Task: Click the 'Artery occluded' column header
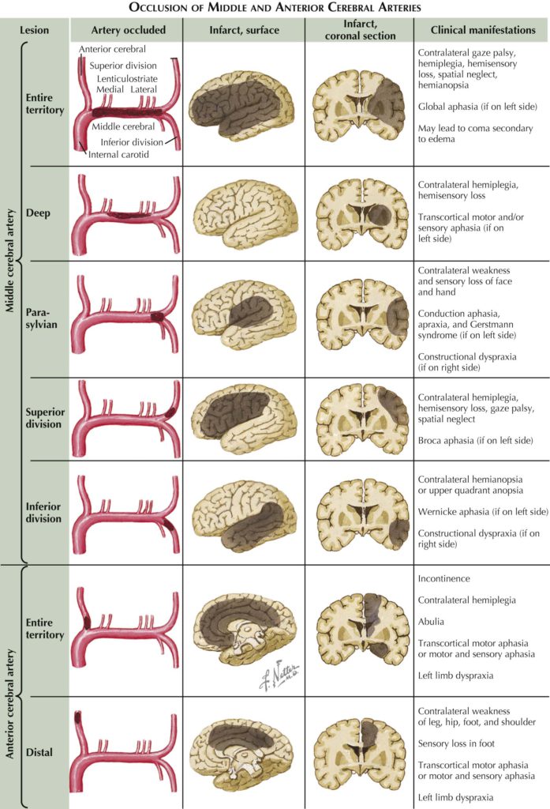point(128,30)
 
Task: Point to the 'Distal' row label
point(39,752)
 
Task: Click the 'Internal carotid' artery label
point(118,155)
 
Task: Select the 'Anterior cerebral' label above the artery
point(110,50)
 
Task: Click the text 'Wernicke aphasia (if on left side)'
point(482,511)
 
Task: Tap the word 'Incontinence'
point(444,579)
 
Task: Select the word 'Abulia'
point(432,622)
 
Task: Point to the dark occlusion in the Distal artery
point(78,722)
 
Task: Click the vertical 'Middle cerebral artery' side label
point(11,301)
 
